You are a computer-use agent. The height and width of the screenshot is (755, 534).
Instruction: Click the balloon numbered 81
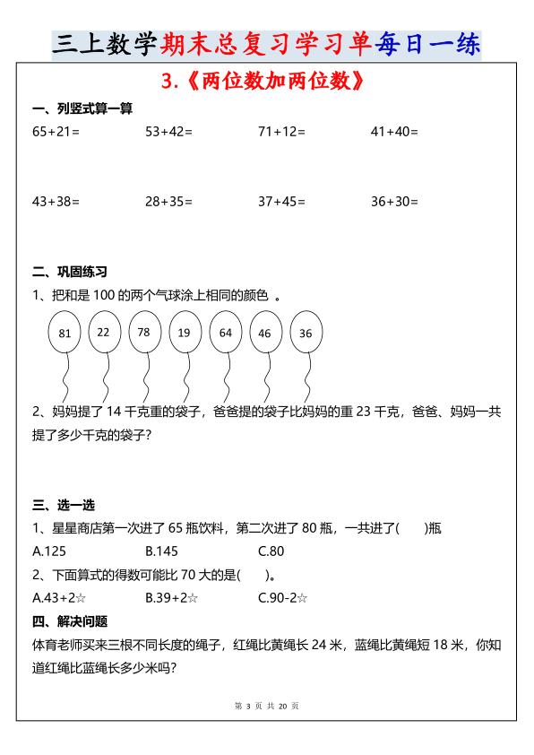click(x=64, y=333)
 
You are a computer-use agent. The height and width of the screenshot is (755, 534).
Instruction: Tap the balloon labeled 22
click(x=103, y=332)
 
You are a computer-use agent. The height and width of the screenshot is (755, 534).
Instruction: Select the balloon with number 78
click(x=143, y=332)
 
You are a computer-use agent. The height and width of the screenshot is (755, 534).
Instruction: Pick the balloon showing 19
click(x=184, y=333)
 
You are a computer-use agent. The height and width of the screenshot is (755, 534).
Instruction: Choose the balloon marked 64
click(x=225, y=333)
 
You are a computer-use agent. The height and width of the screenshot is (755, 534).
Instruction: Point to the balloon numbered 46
click(x=264, y=334)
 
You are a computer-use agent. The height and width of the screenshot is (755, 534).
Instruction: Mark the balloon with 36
click(x=306, y=333)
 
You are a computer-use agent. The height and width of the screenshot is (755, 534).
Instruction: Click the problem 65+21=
click(x=56, y=131)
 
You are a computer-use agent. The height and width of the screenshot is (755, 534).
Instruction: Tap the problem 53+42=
click(x=168, y=131)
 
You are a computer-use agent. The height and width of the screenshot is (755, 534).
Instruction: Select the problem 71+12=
click(x=281, y=131)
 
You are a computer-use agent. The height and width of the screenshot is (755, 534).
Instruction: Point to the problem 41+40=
click(x=394, y=131)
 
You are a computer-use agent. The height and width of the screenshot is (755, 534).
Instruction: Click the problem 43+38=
click(x=56, y=202)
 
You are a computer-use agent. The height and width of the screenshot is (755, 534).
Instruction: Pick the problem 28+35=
click(x=168, y=202)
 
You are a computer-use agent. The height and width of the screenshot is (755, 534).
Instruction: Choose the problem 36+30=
click(x=394, y=202)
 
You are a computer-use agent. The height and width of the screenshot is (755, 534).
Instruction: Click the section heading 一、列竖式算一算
click(x=82, y=108)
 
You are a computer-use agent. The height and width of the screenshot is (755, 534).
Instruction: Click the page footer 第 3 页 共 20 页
click(x=266, y=706)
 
